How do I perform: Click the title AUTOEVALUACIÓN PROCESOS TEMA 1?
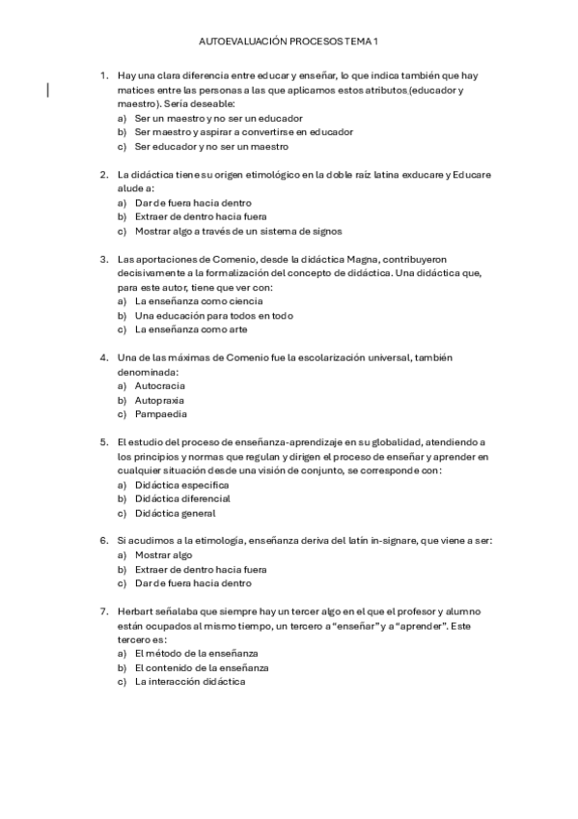pos(289,43)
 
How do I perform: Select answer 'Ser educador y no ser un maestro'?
pos(211,147)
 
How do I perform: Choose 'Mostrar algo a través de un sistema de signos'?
pos(238,232)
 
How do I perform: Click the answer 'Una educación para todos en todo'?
pos(213,316)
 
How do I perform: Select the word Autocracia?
pos(160,385)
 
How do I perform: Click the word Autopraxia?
pos(159,400)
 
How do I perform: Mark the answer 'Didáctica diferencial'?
pos(182,498)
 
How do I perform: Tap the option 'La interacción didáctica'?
pos(190,682)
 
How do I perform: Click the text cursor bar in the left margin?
pos(48,91)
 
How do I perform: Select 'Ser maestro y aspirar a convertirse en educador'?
pos(244,132)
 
